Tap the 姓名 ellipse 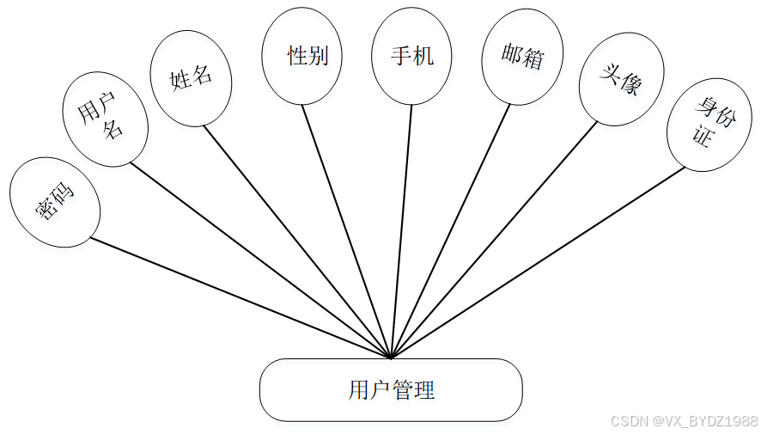click(x=191, y=78)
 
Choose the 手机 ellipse click(x=412, y=57)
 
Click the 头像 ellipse click(x=620, y=80)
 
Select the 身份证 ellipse click(x=708, y=125)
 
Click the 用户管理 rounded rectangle click(x=391, y=390)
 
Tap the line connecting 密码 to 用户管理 click(x=240, y=297)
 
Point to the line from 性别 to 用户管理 click(x=346, y=230)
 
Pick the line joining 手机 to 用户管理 click(x=402, y=230)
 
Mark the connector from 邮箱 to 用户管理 click(x=451, y=230)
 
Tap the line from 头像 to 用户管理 click(x=494, y=239)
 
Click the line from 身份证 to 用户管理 click(x=538, y=262)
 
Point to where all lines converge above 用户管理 click(x=392, y=357)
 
